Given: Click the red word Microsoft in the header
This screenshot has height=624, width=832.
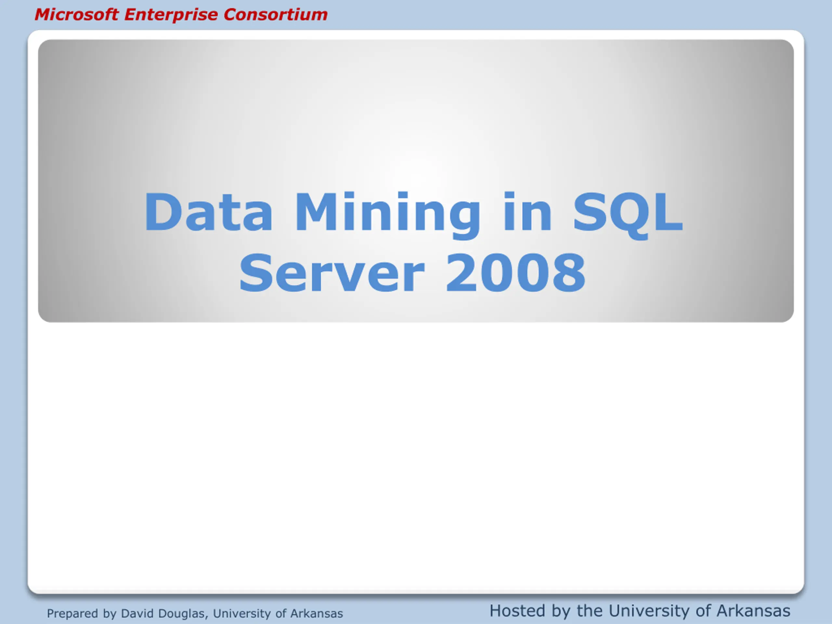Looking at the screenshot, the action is tap(77, 15).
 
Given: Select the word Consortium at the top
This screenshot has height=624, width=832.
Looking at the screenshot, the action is tap(275, 15).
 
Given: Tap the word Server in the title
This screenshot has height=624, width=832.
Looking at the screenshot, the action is tap(332, 273).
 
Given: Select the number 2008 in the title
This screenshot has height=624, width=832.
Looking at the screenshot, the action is tap(515, 273).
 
